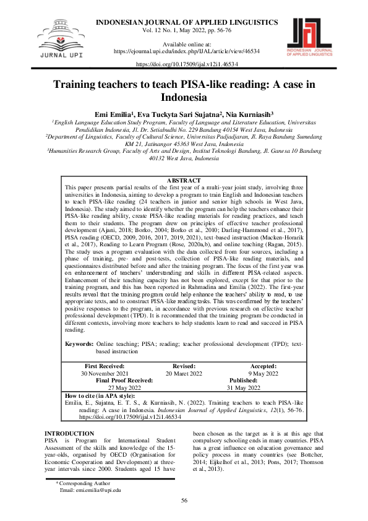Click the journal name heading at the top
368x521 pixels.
(x=186, y=23)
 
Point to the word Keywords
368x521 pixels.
(x=79, y=342)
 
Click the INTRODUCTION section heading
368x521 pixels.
(x=70, y=416)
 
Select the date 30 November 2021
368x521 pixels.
(x=105, y=374)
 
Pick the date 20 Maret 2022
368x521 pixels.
(x=184, y=374)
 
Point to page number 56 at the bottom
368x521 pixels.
(x=184, y=501)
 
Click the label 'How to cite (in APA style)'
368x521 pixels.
(x=100, y=396)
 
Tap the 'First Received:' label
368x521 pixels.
(x=105, y=367)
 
